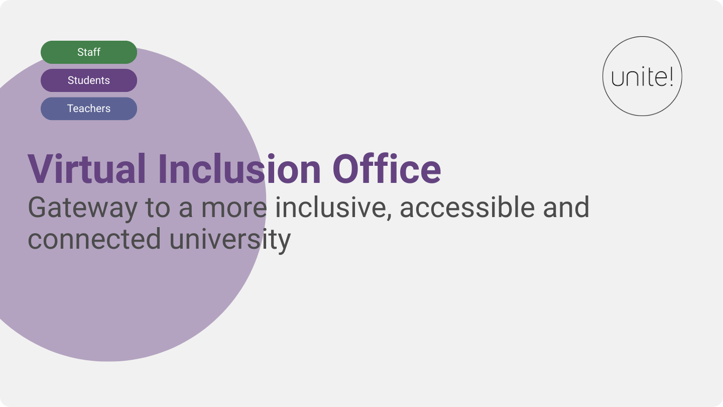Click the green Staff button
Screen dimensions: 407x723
(89, 52)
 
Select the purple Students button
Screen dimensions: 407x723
(89, 80)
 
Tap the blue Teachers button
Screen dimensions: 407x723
(89, 109)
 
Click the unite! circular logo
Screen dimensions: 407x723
(642, 76)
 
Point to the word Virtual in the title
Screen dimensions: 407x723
(87, 169)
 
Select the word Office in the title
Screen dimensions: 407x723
(387, 169)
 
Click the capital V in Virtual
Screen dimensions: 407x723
(40, 169)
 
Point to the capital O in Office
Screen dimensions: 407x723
(348, 169)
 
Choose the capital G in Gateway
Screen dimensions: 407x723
(39, 207)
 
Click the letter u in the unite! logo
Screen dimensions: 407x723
(618, 79)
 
